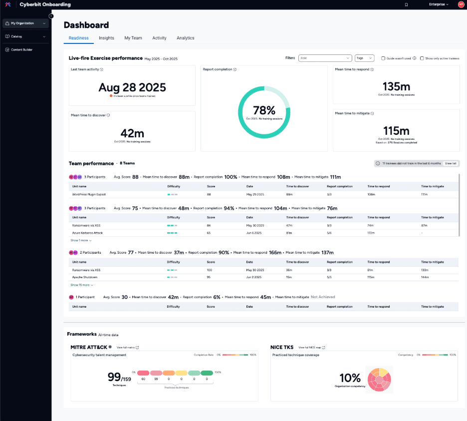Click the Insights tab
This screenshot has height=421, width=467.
(106, 38)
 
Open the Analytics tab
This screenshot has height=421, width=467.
(185, 38)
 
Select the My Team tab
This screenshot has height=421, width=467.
(133, 38)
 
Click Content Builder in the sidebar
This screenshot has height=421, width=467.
(22, 49)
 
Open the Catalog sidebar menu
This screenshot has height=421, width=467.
(25, 36)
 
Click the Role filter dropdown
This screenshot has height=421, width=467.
(325, 58)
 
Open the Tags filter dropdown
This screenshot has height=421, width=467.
(364, 58)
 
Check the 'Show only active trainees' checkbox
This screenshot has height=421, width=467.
(422, 58)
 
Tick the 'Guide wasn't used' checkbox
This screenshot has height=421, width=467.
(383, 58)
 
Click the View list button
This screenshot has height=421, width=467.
(451, 163)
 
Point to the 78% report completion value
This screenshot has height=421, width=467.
(264, 110)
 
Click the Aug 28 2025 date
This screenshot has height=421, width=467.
(132, 87)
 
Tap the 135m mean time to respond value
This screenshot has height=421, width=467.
(396, 86)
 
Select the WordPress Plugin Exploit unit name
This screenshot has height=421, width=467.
(89, 194)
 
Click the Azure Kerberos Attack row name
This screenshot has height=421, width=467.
(87, 233)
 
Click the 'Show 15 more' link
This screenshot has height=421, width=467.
(82, 285)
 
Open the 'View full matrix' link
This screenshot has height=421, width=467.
(127, 347)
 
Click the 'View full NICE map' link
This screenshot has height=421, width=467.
(311, 347)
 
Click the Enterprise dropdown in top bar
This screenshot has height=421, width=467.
(439, 4)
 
